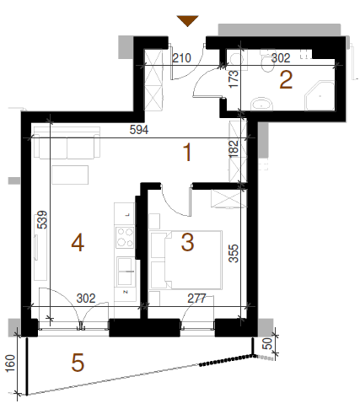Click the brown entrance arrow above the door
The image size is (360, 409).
click(187, 21)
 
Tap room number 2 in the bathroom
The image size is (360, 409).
click(286, 81)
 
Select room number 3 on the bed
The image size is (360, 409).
click(187, 242)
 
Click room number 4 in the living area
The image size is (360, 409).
click(78, 243)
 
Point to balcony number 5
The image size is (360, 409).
click(78, 363)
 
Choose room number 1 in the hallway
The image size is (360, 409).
click(187, 152)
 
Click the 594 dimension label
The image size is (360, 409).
click(139, 130)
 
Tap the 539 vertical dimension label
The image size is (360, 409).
click(42, 220)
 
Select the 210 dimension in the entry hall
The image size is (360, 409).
click(181, 58)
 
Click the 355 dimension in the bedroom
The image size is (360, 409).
click(234, 254)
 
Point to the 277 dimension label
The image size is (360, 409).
click(196, 299)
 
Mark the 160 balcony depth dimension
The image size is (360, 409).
click(10, 363)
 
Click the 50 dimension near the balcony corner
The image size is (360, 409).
click(269, 343)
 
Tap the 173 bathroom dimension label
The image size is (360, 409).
click(234, 79)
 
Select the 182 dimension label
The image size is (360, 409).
click(234, 148)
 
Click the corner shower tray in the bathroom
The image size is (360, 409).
click(320, 95)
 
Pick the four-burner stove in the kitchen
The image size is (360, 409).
click(125, 237)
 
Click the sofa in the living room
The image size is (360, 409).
click(67, 143)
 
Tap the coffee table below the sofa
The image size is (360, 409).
click(70, 175)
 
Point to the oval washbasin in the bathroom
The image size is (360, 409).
click(262, 104)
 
